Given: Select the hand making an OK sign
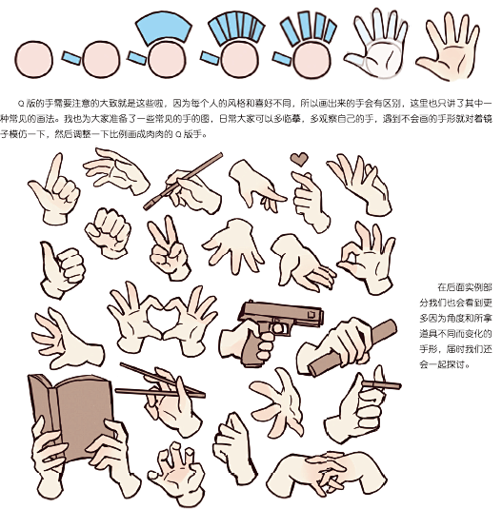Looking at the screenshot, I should (364, 254).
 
